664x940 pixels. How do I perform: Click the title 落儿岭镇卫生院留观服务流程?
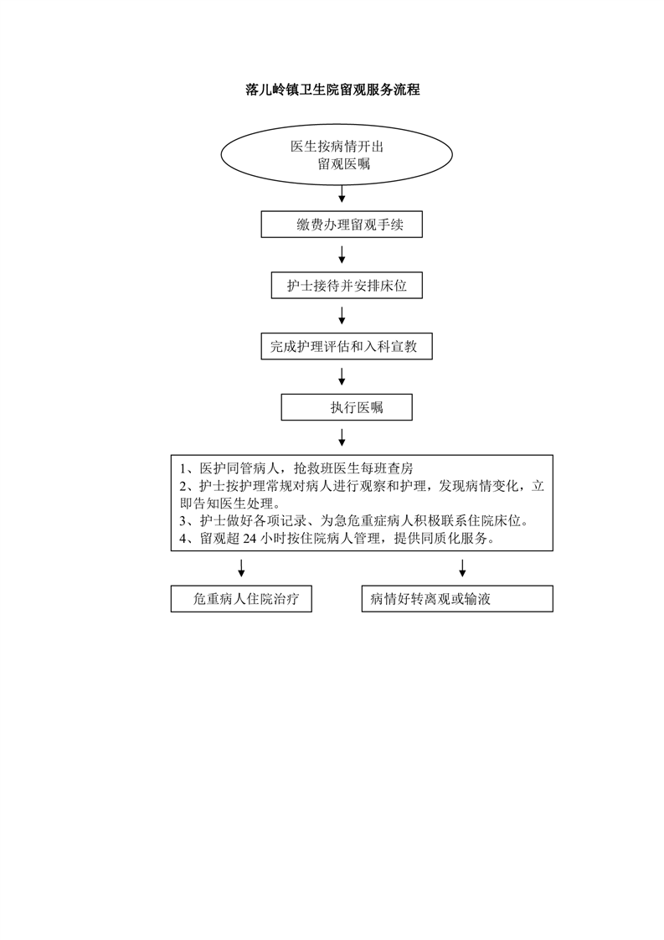332,90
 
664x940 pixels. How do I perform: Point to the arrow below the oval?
342,194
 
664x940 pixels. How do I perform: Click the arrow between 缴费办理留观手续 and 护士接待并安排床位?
342,255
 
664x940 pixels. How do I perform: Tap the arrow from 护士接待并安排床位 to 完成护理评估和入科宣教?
342,315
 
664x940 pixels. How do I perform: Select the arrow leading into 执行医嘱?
342,376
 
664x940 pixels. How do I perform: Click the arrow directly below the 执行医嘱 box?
342,437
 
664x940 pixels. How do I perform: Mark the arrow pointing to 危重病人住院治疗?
241,568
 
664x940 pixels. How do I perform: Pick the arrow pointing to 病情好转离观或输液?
462,568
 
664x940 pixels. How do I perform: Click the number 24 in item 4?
250,539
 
